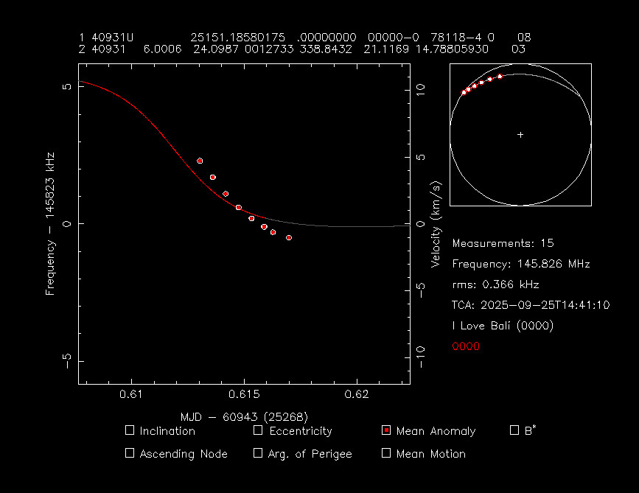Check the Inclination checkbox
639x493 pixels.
130,430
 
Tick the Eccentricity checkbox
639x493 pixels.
258,430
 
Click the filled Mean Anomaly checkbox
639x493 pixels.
386,430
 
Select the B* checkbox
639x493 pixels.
514,430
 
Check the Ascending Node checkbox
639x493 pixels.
130,453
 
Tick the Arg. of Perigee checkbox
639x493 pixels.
258,453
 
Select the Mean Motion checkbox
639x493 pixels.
386,453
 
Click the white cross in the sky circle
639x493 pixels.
520,135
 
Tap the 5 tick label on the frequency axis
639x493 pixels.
66,86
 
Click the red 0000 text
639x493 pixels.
466,346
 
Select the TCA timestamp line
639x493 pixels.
531,305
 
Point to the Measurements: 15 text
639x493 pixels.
503,243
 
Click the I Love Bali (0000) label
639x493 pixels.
503,326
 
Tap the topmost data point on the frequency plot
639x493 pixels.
200,161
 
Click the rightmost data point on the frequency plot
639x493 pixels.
289,237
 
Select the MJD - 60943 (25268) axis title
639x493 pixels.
244,416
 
